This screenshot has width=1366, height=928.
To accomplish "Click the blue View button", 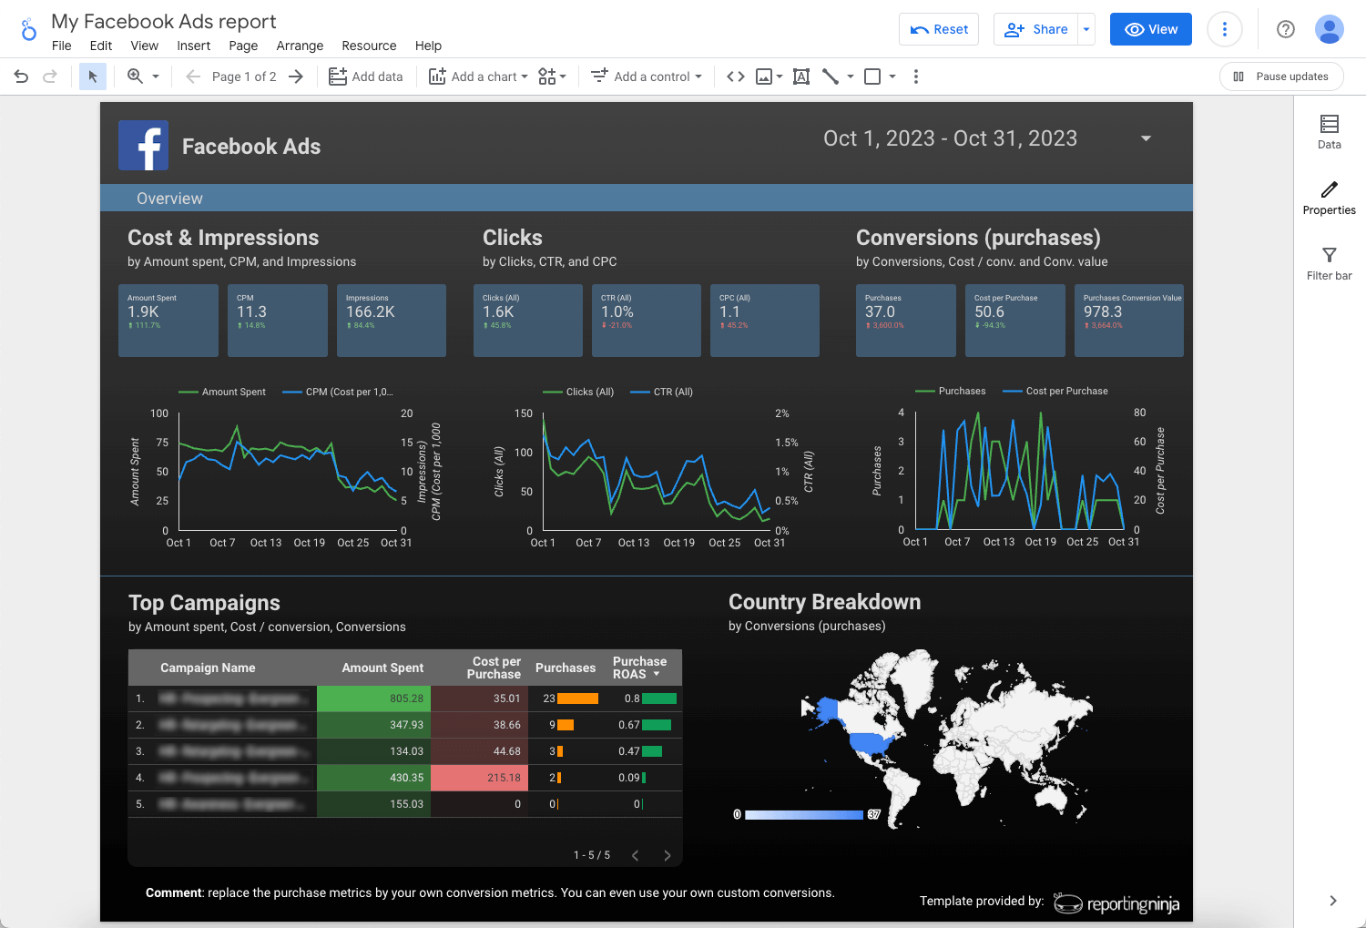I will (1150, 29).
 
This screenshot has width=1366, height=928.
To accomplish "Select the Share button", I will (1036, 29).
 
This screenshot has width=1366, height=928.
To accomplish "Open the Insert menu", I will (193, 46).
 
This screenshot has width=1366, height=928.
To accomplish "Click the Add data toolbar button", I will (366, 76).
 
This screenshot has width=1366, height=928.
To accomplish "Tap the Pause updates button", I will (1280, 76).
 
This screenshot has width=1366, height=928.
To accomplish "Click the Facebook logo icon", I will (144, 146).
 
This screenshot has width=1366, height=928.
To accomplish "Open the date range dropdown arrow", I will (1146, 138).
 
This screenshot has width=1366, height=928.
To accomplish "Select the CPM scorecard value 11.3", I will (252, 311).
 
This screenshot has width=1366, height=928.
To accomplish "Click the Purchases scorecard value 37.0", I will (880, 311).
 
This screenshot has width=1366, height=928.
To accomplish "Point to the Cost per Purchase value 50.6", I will (989, 311).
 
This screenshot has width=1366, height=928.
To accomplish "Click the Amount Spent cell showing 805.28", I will (373, 699).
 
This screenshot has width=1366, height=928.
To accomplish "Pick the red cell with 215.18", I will (476, 778).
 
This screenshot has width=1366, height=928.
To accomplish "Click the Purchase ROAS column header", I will (639, 668).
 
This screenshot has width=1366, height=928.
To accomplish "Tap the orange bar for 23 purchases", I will (577, 699).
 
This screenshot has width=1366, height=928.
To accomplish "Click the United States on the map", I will (870, 742).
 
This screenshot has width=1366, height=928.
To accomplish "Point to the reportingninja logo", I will (1117, 903).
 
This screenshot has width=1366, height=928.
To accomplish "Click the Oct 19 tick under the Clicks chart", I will (678, 543).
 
